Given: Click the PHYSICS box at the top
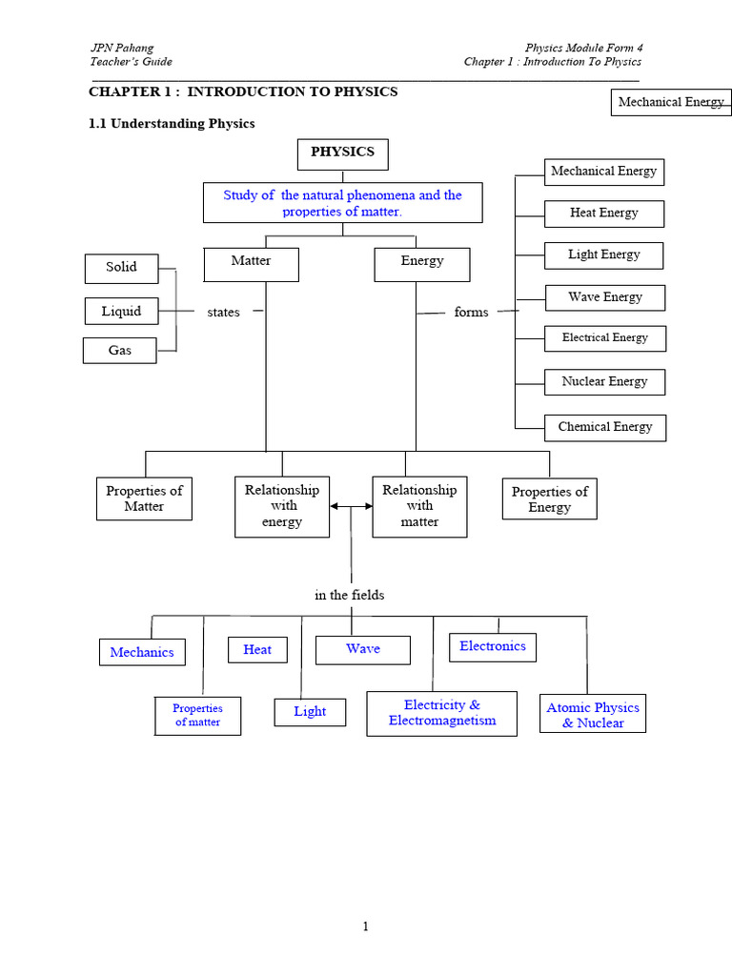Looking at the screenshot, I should click(342, 152).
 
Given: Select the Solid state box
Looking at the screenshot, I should click(121, 268).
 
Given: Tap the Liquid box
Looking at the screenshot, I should click(121, 312).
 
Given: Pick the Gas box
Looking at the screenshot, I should click(120, 351).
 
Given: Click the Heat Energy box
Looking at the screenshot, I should click(604, 213).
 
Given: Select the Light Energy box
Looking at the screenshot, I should click(604, 255).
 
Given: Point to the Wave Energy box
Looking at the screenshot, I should click(605, 297).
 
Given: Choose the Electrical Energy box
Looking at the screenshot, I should click(605, 338).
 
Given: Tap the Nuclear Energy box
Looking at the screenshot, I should click(605, 382).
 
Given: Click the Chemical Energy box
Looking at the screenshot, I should click(605, 427).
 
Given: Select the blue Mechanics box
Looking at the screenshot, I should click(142, 653).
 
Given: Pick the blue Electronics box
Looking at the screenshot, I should click(493, 647).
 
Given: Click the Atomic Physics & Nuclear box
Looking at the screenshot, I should click(593, 715).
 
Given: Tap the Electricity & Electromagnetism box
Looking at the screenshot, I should click(442, 713).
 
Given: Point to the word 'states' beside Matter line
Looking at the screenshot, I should click(224, 313).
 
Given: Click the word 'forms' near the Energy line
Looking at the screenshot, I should click(471, 313).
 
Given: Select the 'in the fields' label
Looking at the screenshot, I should click(350, 595).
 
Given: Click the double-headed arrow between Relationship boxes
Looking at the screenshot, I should click(351, 508).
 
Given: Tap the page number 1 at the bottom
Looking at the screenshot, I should click(365, 927).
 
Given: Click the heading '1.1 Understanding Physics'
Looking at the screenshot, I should click(172, 124).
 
